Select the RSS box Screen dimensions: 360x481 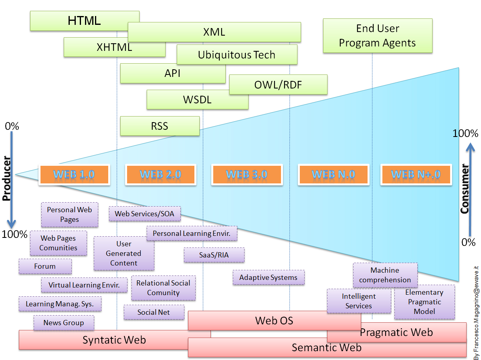tap(160, 126)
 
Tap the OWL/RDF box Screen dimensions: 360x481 tap(278, 84)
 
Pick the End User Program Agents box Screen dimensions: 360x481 tap(378, 36)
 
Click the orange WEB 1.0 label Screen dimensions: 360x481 tap(74, 175)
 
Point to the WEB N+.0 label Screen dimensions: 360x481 tap(416, 175)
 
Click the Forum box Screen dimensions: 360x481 tap(45, 266)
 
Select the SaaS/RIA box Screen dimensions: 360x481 tap(214, 255)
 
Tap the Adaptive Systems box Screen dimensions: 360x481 tap(269, 278)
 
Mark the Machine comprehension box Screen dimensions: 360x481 tap(385, 275)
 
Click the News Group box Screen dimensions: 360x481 tap(64, 323)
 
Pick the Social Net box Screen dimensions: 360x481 tap(154, 312)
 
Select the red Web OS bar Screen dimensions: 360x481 tap(274, 320)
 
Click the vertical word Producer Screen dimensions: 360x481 tap(6, 178)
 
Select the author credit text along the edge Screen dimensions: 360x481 tap(476, 308)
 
